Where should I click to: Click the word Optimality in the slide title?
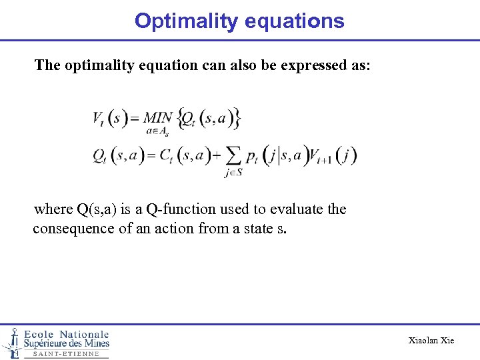pyautogui.click(x=181, y=21)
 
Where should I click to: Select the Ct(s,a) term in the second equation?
pyautogui.click(x=183, y=156)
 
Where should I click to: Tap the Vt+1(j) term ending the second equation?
pyautogui.click(x=333, y=156)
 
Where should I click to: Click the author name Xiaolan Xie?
pyautogui.click(x=431, y=341)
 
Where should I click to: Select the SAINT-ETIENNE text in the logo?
pyautogui.click(x=65, y=354)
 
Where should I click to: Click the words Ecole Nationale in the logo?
pyautogui.click(x=66, y=334)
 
